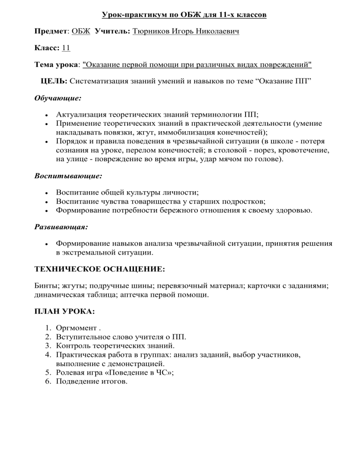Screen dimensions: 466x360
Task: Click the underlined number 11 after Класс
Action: pyautogui.click(x=66, y=48)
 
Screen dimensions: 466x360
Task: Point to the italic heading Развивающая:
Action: pyautogui.click(x=62, y=227)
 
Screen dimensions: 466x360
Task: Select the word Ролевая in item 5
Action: pyautogui.click(x=69, y=373)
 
